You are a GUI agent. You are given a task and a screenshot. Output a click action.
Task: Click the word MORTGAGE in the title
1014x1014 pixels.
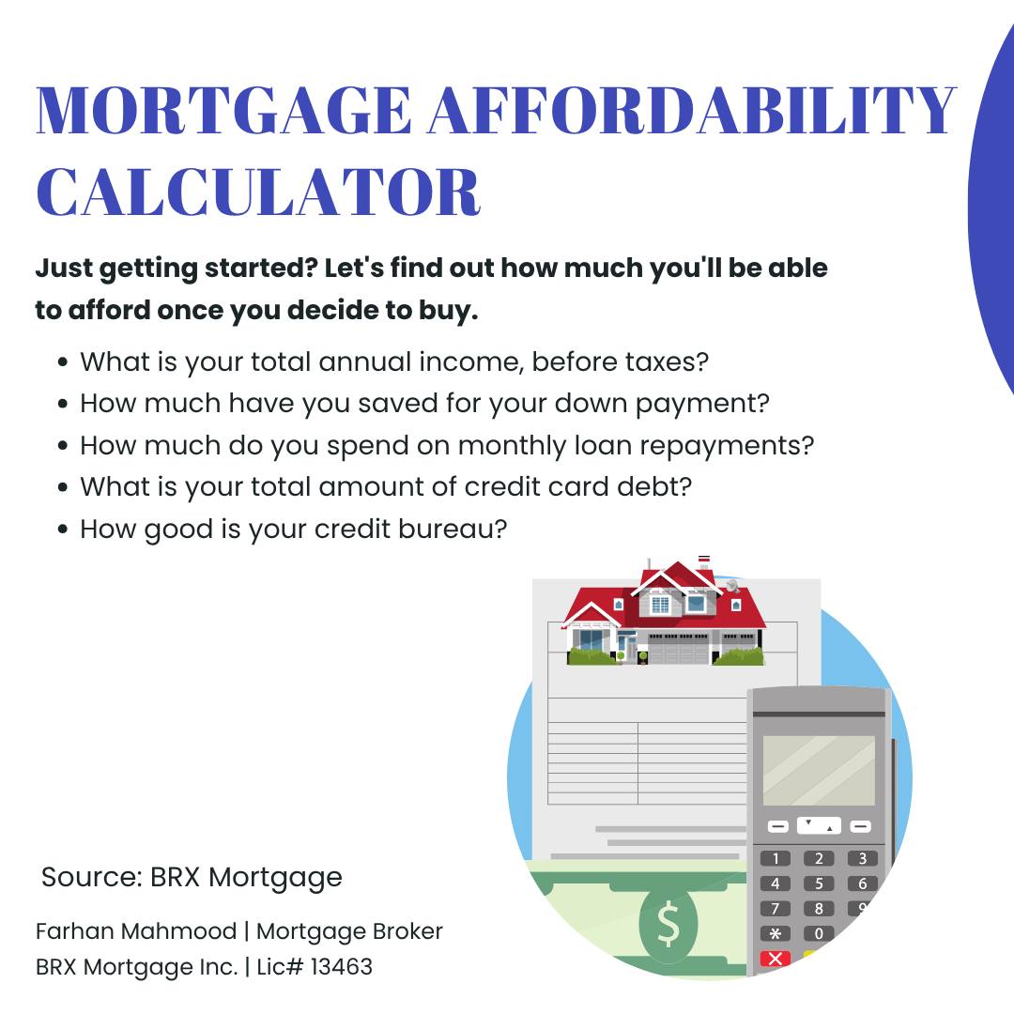click(x=223, y=110)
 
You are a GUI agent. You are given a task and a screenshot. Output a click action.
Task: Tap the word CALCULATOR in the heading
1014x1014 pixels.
click(x=258, y=192)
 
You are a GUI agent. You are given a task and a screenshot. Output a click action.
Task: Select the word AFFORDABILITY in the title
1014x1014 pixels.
click(x=691, y=110)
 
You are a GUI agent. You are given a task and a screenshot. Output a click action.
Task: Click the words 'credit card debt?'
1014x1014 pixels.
click(x=578, y=487)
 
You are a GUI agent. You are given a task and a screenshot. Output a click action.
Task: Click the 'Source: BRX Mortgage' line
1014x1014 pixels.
click(x=192, y=878)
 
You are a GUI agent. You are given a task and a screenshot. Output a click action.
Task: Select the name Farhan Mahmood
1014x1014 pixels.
click(x=136, y=931)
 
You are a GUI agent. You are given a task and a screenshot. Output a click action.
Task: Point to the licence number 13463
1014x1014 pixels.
click(x=342, y=967)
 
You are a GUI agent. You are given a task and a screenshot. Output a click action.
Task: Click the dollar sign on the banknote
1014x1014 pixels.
click(x=668, y=926)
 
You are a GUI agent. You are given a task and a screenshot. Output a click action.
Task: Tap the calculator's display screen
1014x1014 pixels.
click(x=819, y=770)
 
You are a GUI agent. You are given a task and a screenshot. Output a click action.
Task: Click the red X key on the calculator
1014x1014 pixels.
click(x=776, y=959)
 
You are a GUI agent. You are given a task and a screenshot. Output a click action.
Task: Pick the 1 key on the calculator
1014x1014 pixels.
click(x=776, y=858)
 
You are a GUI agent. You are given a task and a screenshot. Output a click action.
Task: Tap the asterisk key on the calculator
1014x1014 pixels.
click(x=776, y=934)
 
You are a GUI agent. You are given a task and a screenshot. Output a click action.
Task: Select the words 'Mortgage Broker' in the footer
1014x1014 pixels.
click(x=349, y=931)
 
